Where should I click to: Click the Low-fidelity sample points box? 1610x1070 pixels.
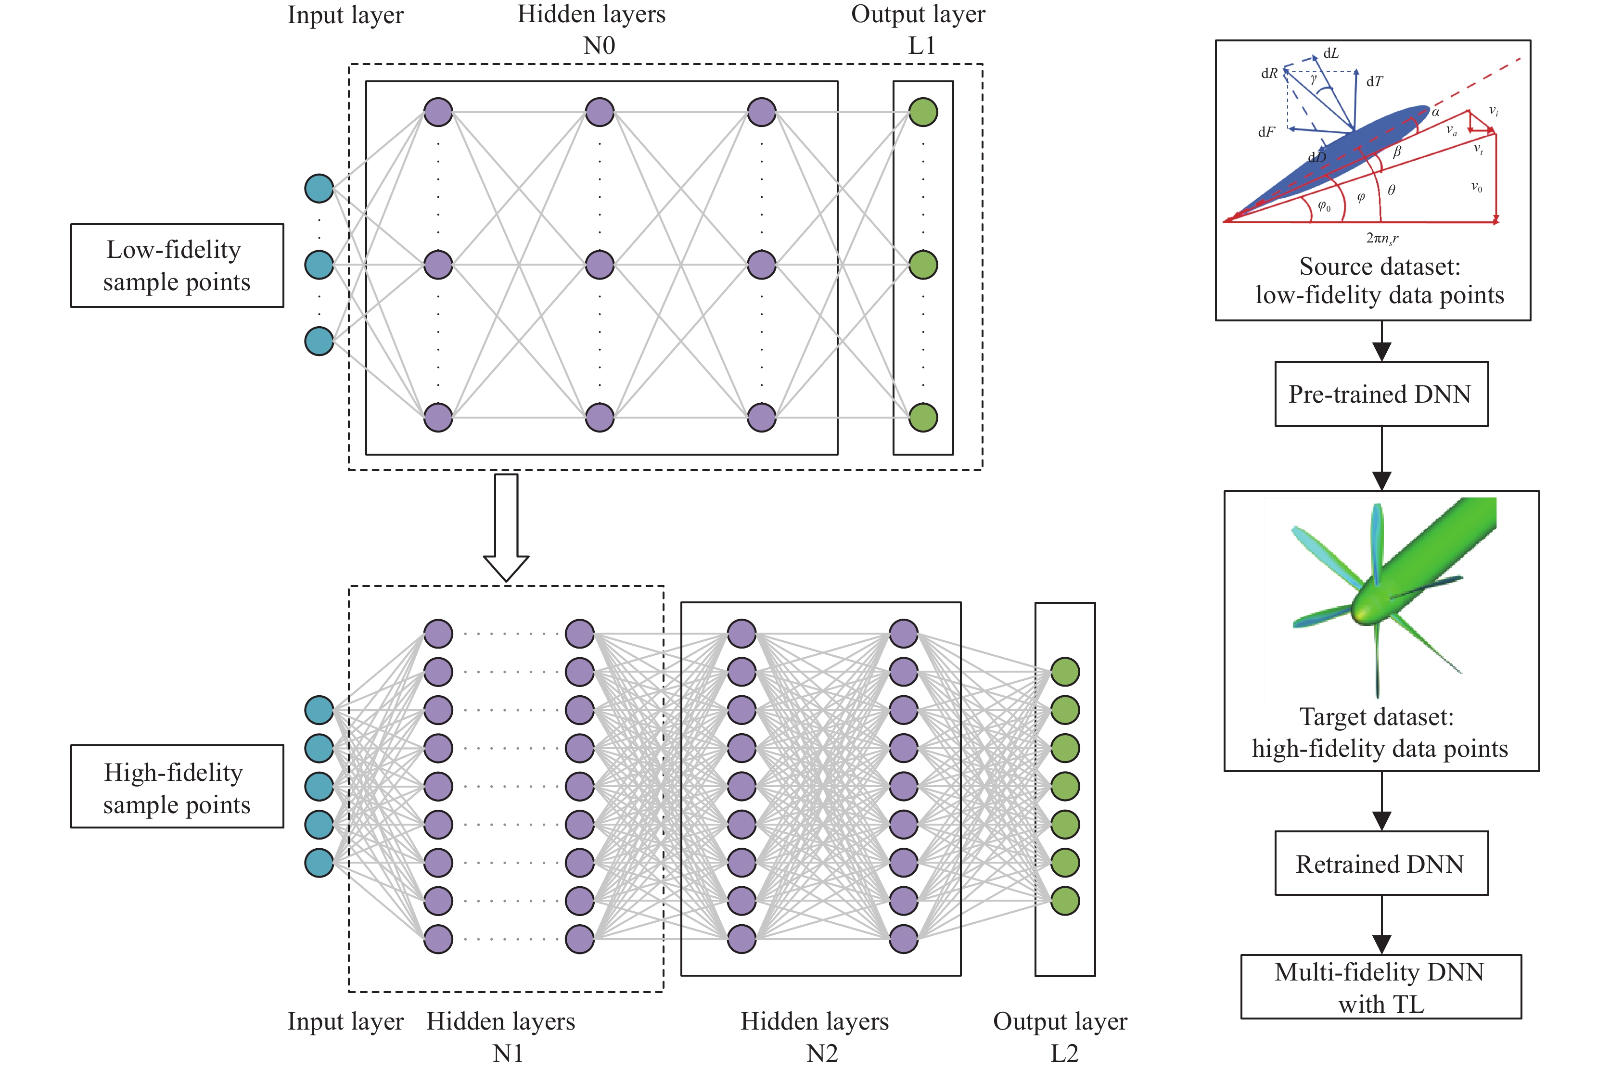coord(177,266)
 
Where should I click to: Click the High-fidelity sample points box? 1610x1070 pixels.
coord(177,787)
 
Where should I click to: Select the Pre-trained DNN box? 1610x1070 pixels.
coord(1380,394)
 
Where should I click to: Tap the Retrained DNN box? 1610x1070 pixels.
coord(1380,863)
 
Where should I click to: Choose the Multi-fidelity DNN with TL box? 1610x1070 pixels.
coord(1380,987)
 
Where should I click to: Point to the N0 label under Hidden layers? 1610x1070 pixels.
coord(599,46)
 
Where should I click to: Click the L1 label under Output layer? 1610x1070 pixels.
coord(921,46)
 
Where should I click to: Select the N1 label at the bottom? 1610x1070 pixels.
coord(508,1053)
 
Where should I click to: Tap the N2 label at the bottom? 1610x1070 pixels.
coord(822,1053)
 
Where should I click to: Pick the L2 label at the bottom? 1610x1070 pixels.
coord(1064,1053)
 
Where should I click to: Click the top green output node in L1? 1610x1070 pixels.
coord(923,112)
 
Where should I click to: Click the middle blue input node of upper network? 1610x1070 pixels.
coord(319,265)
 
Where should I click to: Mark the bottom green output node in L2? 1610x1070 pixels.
coord(1065,901)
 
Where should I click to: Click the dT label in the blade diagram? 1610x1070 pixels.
coord(1374,82)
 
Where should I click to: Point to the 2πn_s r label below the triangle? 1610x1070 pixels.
coord(1381,238)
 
